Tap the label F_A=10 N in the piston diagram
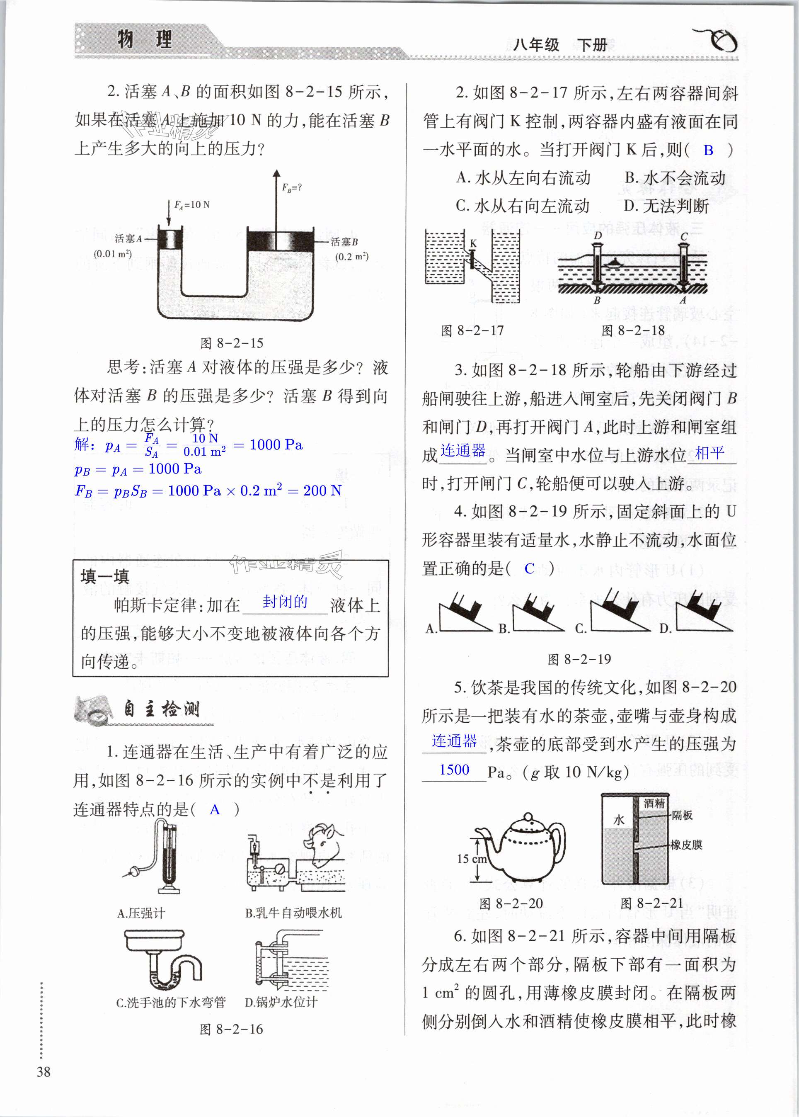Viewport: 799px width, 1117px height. click(x=192, y=204)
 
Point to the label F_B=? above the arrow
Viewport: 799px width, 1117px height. click(x=292, y=187)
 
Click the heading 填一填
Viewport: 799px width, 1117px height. click(x=104, y=576)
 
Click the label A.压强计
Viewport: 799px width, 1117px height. click(x=141, y=913)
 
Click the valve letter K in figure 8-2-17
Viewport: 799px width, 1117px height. click(x=473, y=243)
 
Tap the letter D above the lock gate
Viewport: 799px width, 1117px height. click(x=597, y=236)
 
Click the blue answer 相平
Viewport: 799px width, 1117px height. click(x=709, y=452)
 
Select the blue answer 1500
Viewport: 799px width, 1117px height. click(x=454, y=770)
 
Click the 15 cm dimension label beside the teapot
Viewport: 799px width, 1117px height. click(x=471, y=859)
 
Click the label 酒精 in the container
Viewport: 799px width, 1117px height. click(x=654, y=804)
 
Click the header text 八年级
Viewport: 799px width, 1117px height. click(x=536, y=45)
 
